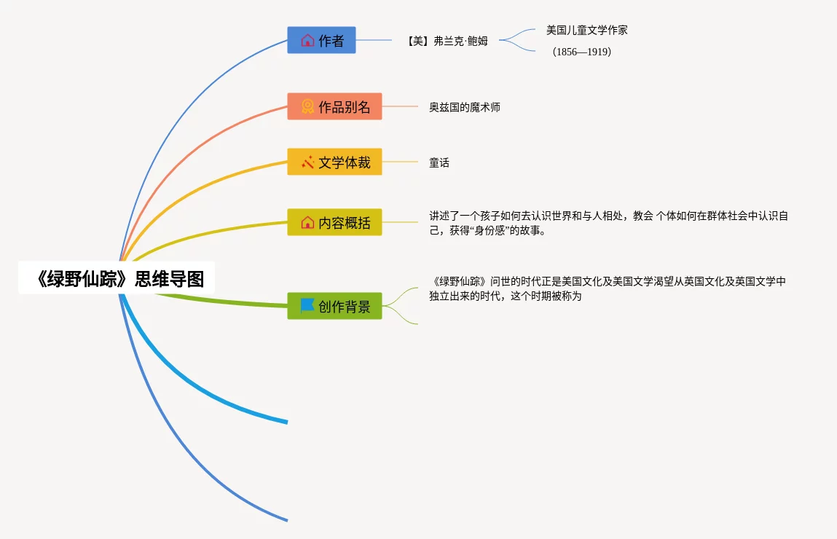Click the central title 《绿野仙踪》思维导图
pyautogui.click(x=117, y=278)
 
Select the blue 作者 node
pyautogui.click(x=321, y=40)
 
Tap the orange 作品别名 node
pyautogui.click(x=334, y=106)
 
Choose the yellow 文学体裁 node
pyautogui.click(x=334, y=162)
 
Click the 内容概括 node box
pyautogui.click(x=334, y=222)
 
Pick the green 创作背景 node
pyautogui.click(x=334, y=306)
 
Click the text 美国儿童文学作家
pyautogui.click(x=586, y=30)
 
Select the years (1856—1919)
pyautogui.click(x=581, y=52)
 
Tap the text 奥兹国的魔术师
pyautogui.click(x=464, y=107)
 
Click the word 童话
pyautogui.click(x=439, y=162)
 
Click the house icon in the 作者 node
pyautogui.click(x=307, y=40)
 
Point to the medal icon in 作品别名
pyautogui.click(x=307, y=106)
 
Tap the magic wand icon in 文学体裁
pyautogui.click(x=307, y=162)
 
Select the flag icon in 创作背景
pyautogui.click(x=307, y=305)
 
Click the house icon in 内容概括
pyautogui.click(x=307, y=222)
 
